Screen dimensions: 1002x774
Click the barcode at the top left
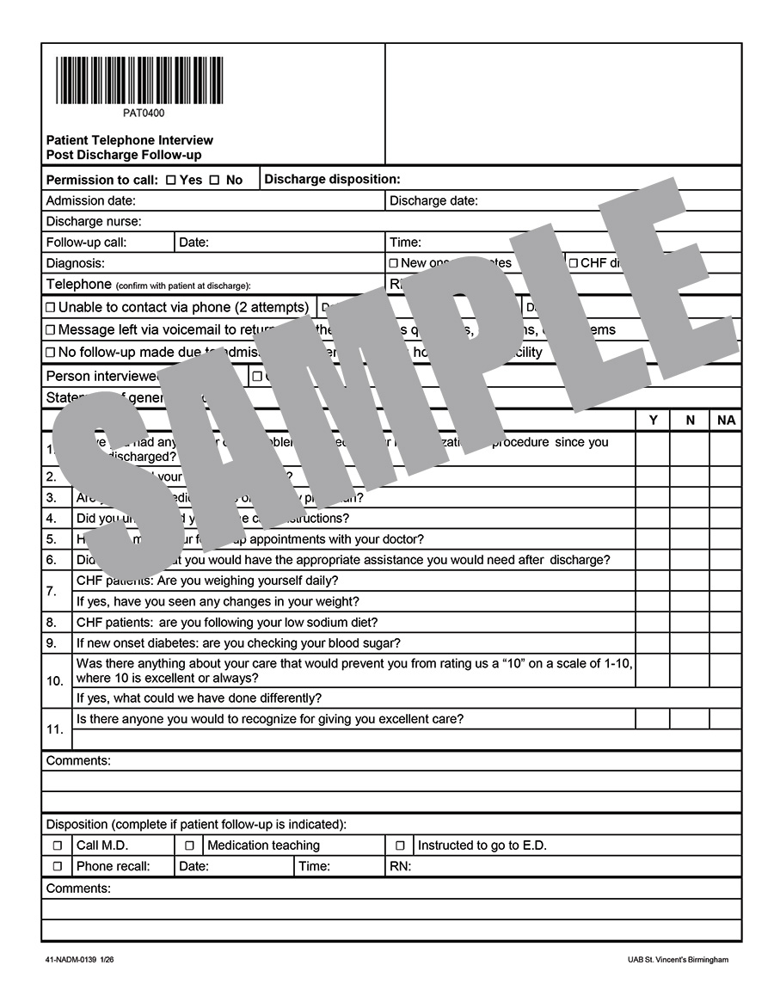click(139, 80)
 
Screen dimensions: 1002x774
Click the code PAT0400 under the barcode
click(144, 113)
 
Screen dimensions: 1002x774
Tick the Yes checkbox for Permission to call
click(170, 180)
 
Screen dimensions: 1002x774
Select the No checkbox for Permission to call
click(214, 180)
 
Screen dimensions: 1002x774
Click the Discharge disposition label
click(332, 179)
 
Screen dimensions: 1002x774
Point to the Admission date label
click(90, 201)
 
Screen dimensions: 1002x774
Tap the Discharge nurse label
click(94, 222)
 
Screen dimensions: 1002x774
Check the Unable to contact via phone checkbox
click(50, 308)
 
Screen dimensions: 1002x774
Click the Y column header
click(653, 420)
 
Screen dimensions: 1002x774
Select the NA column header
click(725, 420)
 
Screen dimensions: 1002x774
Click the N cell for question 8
click(689, 622)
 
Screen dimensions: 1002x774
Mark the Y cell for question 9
click(653, 642)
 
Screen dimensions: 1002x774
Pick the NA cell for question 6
click(725, 560)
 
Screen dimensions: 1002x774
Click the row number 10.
click(55, 680)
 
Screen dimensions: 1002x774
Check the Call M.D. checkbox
click(58, 845)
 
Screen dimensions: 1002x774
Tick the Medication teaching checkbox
click(189, 845)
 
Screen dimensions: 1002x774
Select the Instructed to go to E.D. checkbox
click(400, 845)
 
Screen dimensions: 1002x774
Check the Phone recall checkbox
click(58, 866)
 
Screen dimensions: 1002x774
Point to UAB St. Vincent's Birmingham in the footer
click(678, 960)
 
